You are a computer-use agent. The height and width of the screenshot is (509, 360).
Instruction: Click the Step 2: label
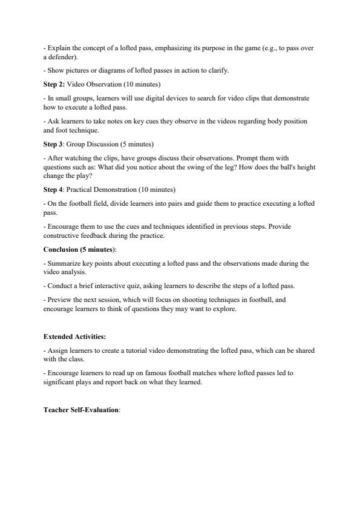(x=54, y=84)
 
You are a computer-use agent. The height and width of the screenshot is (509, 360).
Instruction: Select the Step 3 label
(x=53, y=144)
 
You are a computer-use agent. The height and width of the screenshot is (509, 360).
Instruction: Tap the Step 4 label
(x=53, y=189)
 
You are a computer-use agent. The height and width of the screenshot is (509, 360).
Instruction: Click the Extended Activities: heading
(x=75, y=337)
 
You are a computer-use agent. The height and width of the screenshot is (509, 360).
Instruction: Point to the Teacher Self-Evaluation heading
(x=82, y=410)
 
